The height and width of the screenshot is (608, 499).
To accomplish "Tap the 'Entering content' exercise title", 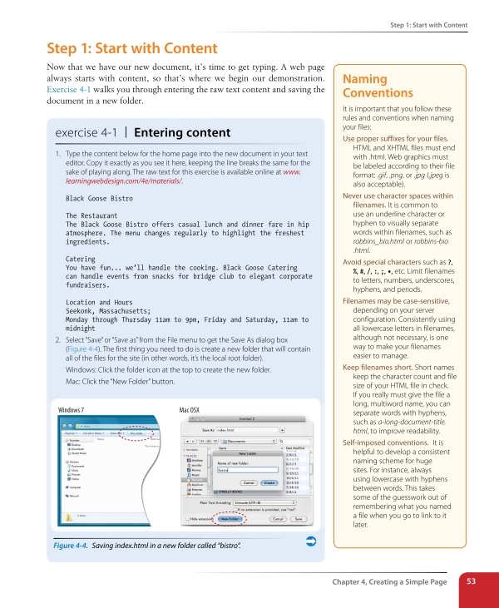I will pyautogui.click(x=183, y=132).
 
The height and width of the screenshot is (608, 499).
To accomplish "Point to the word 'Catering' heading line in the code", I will pyautogui.click(x=81, y=260).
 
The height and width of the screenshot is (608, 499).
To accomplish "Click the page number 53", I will pyautogui.click(x=471, y=581).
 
